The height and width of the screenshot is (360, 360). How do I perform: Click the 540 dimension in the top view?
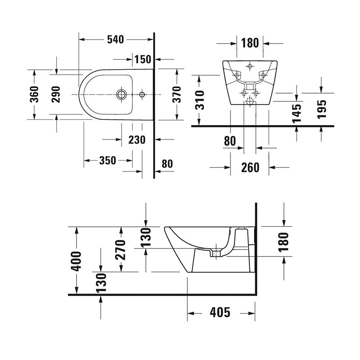click(x=116, y=40)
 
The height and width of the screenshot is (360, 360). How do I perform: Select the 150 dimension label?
click(x=143, y=59)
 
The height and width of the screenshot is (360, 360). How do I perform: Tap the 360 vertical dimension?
click(x=35, y=94)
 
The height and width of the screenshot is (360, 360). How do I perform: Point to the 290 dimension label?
click(x=55, y=94)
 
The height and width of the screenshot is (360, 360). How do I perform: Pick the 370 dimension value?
click(x=177, y=94)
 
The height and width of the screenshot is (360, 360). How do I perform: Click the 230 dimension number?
click(x=137, y=139)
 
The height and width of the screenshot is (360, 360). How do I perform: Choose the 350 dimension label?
click(x=108, y=161)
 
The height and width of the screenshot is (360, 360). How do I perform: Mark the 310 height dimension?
click(x=199, y=100)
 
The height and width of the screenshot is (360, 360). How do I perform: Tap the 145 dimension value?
click(x=297, y=113)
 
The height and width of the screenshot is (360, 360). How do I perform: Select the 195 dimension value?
click(x=321, y=109)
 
